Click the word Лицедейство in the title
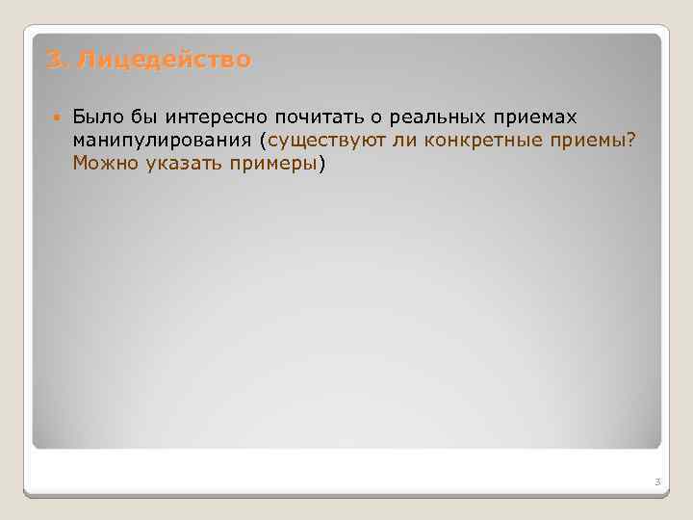(165, 61)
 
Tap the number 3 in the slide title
(54, 61)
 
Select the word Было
(94, 117)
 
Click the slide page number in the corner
(656, 481)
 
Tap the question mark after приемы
(630, 141)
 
